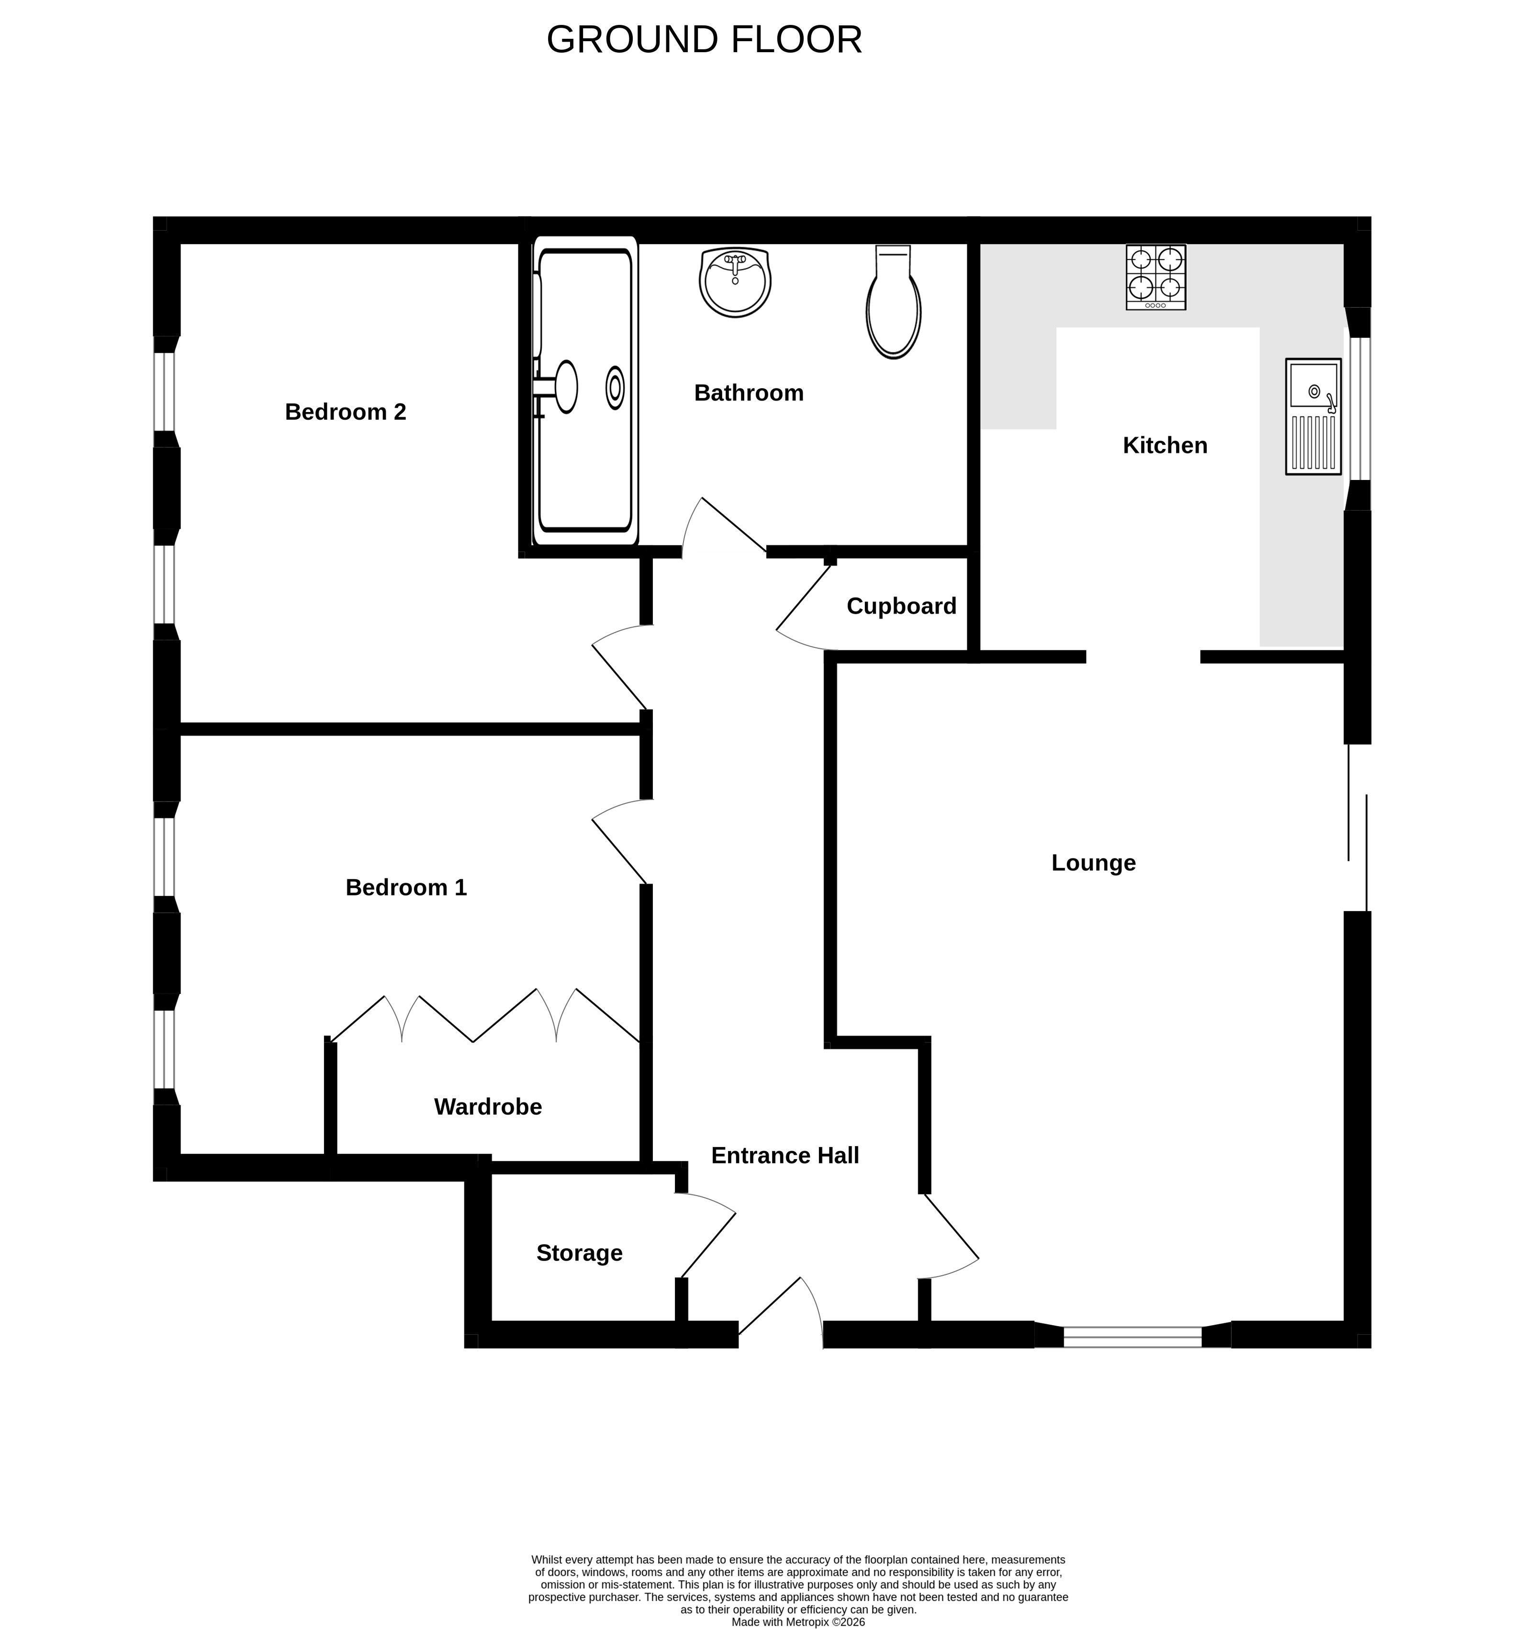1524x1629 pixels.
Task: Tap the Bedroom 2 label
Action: coord(345,412)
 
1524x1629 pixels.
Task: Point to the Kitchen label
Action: coord(1165,445)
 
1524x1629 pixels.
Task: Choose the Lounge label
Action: coord(1093,863)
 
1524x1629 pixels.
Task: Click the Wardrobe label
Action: coord(488,1106)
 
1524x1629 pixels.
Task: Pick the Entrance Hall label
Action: coord(785,1155)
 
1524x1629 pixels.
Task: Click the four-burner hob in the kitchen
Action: coord(1155,277)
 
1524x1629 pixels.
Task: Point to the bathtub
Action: coord(585,391)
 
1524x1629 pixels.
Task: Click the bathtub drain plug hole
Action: coord(615,388)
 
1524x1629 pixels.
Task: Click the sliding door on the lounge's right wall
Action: coord(1357,827)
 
